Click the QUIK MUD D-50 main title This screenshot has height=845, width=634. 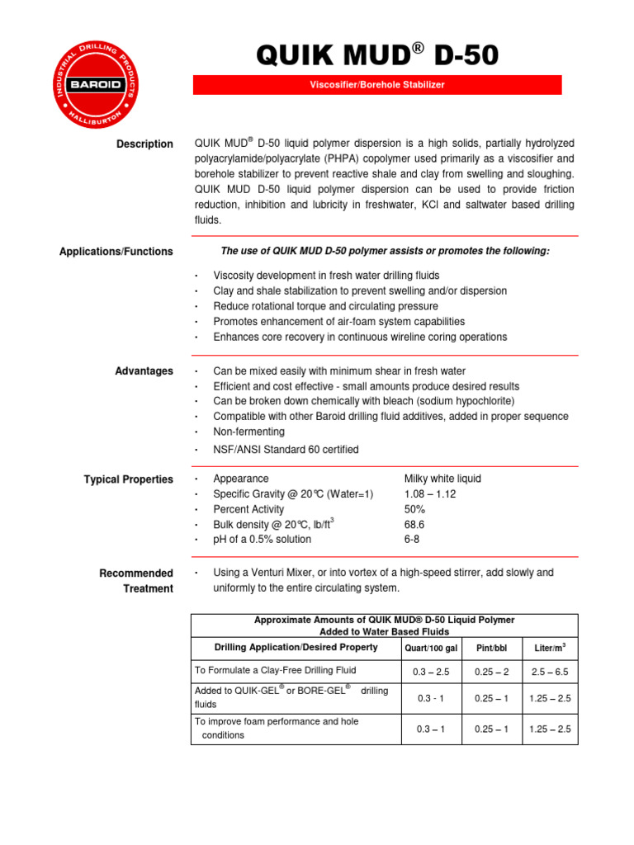pyautogui.click(x=377, y=55)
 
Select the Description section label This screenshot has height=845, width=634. pyautogui.click(x=144, y=144)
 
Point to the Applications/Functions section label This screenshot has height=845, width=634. pyautogui.click(x=116, y=252)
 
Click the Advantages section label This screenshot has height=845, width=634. pyautogui.click(x=144, y=371)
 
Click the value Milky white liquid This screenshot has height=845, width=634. pyautogui.click(x=442, y=479)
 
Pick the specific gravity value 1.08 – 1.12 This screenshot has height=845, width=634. pyautogui.click(x=429, y=494)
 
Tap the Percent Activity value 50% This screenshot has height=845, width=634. pyautogui.click(x=414, y=509)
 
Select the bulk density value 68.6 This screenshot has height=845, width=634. pyautogui.click(x=415, y=525)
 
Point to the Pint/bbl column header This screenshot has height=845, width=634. pyautogui.click(x=491, y=649)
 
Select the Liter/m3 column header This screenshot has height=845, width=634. pyautogui.click(x=551, y=648)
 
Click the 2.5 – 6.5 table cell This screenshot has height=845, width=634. pyautogui.click(x=551, y=673)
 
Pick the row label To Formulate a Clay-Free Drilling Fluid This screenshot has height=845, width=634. pyautogui.click(x=275, y=670)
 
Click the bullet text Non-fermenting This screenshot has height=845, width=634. pyautogui.click(x=248, y=432)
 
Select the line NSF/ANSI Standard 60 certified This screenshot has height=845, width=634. pyautogui.click(x=286, y=450)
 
